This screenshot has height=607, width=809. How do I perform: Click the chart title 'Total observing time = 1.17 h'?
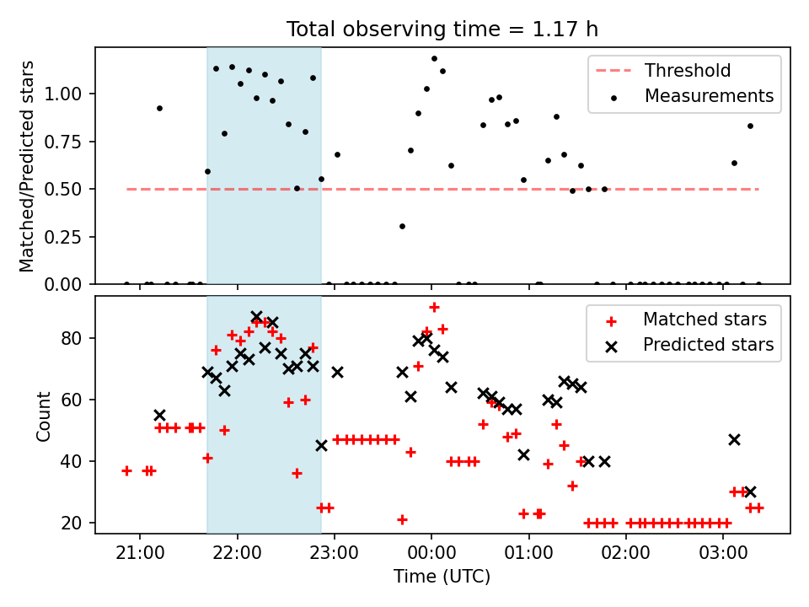442,30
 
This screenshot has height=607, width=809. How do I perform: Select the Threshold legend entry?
663,70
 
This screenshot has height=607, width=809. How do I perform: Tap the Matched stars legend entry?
686,320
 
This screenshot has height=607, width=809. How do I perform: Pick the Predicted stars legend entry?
690,345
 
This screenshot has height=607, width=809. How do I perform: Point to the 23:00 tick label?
334,553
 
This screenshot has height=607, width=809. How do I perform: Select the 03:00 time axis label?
723,553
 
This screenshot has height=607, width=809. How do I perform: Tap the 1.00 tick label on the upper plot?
63,94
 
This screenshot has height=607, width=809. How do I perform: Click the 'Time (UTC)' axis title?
442,576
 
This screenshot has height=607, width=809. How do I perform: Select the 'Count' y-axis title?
43,416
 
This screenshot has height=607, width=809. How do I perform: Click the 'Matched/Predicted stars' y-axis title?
26,166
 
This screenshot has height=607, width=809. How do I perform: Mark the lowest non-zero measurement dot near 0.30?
403,227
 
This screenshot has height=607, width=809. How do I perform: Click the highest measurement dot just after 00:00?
435,59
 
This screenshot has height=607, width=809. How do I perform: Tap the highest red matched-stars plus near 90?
435,308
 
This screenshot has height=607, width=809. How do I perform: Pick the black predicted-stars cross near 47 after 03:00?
734,440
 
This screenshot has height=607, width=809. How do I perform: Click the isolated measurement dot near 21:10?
159,109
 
